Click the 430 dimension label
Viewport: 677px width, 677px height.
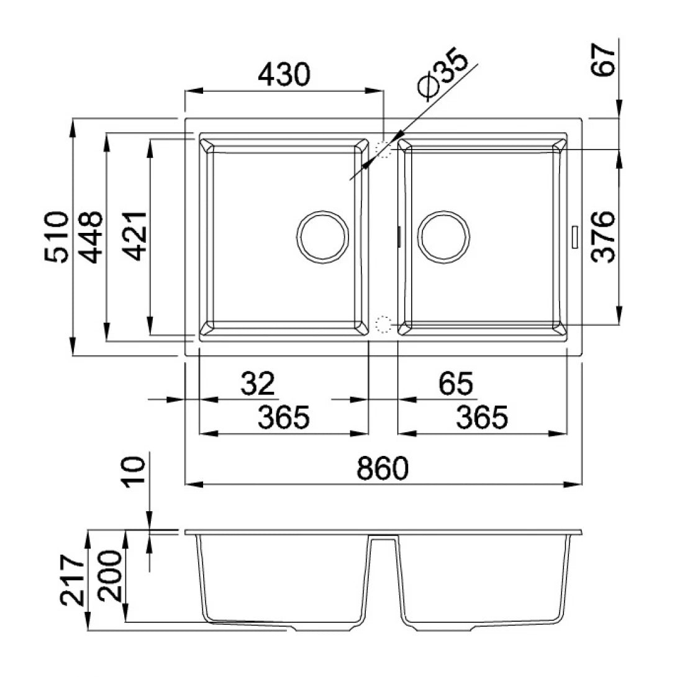283,75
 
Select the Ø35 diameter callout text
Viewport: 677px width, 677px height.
445,76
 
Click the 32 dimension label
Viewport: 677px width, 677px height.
258,384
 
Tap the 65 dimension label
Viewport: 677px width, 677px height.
456,384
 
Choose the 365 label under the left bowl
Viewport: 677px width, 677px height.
283,418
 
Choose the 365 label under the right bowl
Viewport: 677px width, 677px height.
482,418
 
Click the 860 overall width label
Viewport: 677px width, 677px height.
383,469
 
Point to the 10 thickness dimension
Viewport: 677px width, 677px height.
135,473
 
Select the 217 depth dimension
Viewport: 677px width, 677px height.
73,580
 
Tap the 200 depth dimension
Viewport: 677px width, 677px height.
112,575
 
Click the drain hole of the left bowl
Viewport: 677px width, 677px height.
322,237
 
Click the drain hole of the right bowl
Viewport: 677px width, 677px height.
443,237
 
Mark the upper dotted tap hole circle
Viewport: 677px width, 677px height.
383,149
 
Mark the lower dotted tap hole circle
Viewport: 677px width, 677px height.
383,324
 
